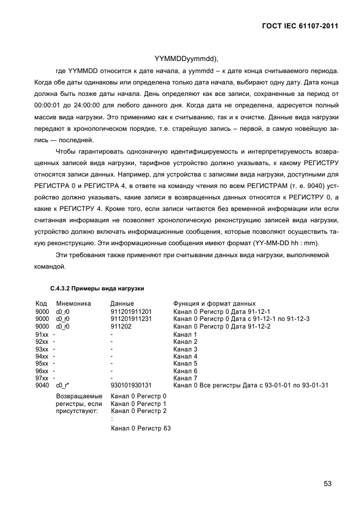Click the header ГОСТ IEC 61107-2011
pos(297,25)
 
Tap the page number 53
pos(327,483)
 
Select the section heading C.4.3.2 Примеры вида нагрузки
pos(97,288)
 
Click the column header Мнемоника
pos(73,303)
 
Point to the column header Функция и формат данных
pos(215,303)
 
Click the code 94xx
pos(42,356)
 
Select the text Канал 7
pos(185,379)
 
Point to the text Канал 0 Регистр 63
pos(141,429)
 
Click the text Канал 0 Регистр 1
pos(138,403)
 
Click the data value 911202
pos(120,326)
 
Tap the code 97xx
pos(42,379)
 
